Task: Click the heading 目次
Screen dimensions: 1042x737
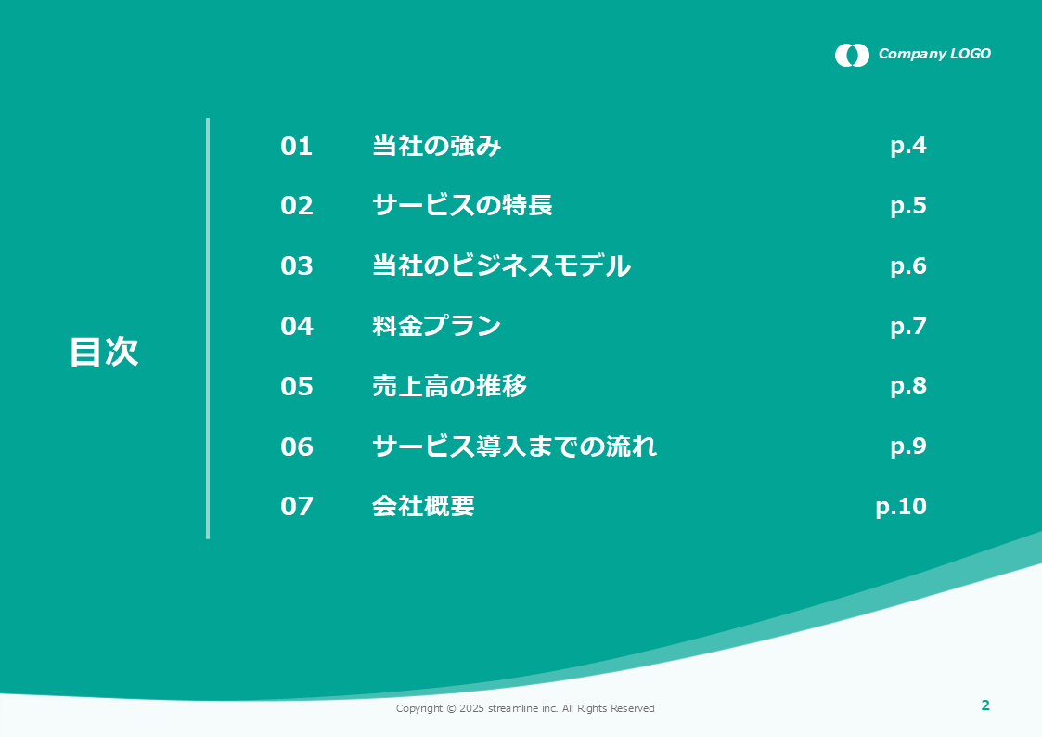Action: tap(104, 352)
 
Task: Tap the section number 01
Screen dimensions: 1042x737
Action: tap(296, 147)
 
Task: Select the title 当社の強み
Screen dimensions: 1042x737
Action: tap(437, 146)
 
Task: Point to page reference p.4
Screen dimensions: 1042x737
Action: tap(908, 147)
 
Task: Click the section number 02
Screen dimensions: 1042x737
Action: tap(296, 205)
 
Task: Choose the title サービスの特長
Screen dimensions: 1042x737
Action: tap(462, 205)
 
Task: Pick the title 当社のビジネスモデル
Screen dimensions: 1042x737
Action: tap(502, 265)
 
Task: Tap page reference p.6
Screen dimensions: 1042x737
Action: tap(908, 266)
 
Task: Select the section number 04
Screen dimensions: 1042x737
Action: tap(296, 326)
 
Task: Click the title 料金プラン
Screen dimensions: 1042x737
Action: tap(437, 326)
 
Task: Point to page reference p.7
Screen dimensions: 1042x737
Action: tap(908, 327)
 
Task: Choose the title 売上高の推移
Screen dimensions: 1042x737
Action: tap(450, 385)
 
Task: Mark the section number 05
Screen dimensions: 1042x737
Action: tap(296, 386)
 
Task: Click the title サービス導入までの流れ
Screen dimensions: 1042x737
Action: tap(514, 446)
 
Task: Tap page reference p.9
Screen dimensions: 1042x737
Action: tap(908, 446)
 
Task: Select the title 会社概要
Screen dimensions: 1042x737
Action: tap(423, 506)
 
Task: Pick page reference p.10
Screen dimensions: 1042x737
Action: tap(901, 507)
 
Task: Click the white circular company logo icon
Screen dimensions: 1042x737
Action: tap(852, 55)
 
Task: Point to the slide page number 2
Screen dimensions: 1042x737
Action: tap(985, 705)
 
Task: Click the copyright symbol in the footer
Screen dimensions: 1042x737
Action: tap(451, 708)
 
